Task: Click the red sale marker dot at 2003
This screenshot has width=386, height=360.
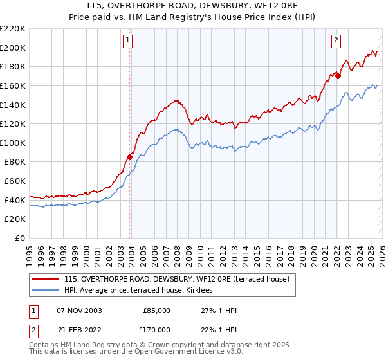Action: pyautogui.click(x=130, y=156)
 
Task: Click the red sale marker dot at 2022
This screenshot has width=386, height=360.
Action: pyautogui.click(x=338, y=76)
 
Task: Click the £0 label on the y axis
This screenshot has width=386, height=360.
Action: pyautogui.click(x=19, y=239)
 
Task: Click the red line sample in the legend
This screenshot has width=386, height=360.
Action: pyautogui.click(x=46, y=279)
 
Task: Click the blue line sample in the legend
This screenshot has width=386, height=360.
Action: pyautogui.click(x=46, y=291)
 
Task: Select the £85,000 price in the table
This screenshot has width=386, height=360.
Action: pyautogui.click(x=156, y=310)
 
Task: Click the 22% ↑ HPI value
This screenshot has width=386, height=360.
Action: pyautogui.click(x=219, y=329)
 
